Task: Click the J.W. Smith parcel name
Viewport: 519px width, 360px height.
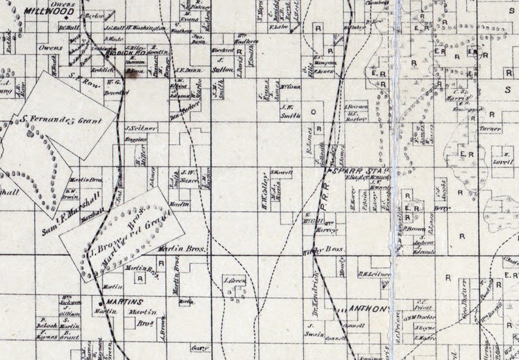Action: pyautogui.click(x=290, y=111)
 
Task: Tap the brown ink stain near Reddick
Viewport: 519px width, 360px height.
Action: pyautogui.click(x=136, y=74)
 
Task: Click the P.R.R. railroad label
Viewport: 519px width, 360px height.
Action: pyautogui.click(x=334, y=191)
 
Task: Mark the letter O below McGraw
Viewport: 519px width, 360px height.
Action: pyautogui.click(x=312, y=112)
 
